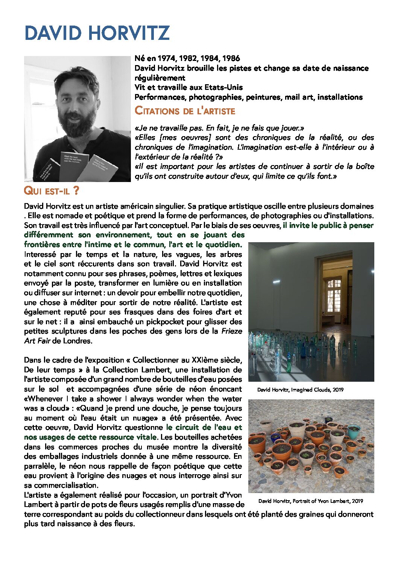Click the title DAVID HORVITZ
97,33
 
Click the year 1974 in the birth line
166,58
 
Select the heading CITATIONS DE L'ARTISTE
185,111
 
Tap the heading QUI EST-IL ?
52,191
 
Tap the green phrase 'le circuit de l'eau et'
204,427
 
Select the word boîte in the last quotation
363,166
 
